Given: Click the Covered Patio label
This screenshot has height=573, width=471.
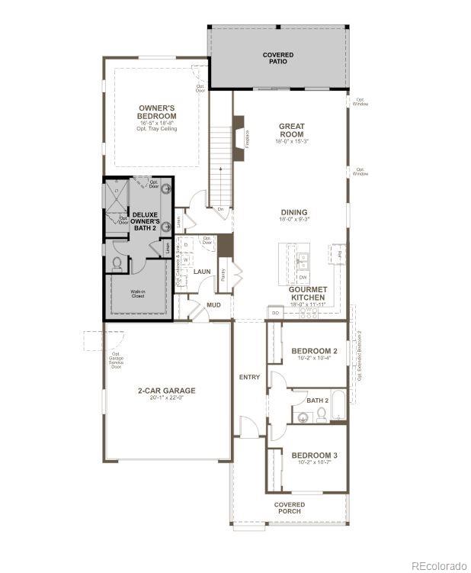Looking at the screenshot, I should (278, 58).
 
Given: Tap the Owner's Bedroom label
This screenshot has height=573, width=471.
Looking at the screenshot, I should (157, 112).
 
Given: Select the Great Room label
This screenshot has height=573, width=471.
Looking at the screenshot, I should (291, 130).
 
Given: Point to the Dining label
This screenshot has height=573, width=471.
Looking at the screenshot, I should (293, 213).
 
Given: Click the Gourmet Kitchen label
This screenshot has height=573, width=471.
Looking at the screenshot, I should (307, 294).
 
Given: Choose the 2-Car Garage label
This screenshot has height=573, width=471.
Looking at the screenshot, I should (166, 391).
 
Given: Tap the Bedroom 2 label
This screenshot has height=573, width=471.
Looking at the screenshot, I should (314, 351).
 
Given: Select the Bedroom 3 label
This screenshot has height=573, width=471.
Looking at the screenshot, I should (314, 456).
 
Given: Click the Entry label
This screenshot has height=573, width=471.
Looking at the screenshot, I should (249, 377).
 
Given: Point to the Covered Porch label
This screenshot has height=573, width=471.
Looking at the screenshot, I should (290, 508).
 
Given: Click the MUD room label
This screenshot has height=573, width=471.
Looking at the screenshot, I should (213, 305).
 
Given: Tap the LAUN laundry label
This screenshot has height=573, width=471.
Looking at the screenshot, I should (202, 272).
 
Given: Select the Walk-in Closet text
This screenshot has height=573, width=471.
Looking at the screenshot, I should (137, 294).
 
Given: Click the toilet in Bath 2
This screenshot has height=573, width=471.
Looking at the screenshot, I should (322, 414).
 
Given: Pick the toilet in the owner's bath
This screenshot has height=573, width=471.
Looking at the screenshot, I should (117, 264).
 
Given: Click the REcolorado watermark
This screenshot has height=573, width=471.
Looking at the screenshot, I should (438, 565).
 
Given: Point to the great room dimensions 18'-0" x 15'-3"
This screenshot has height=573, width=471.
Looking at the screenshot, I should (291, 141).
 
